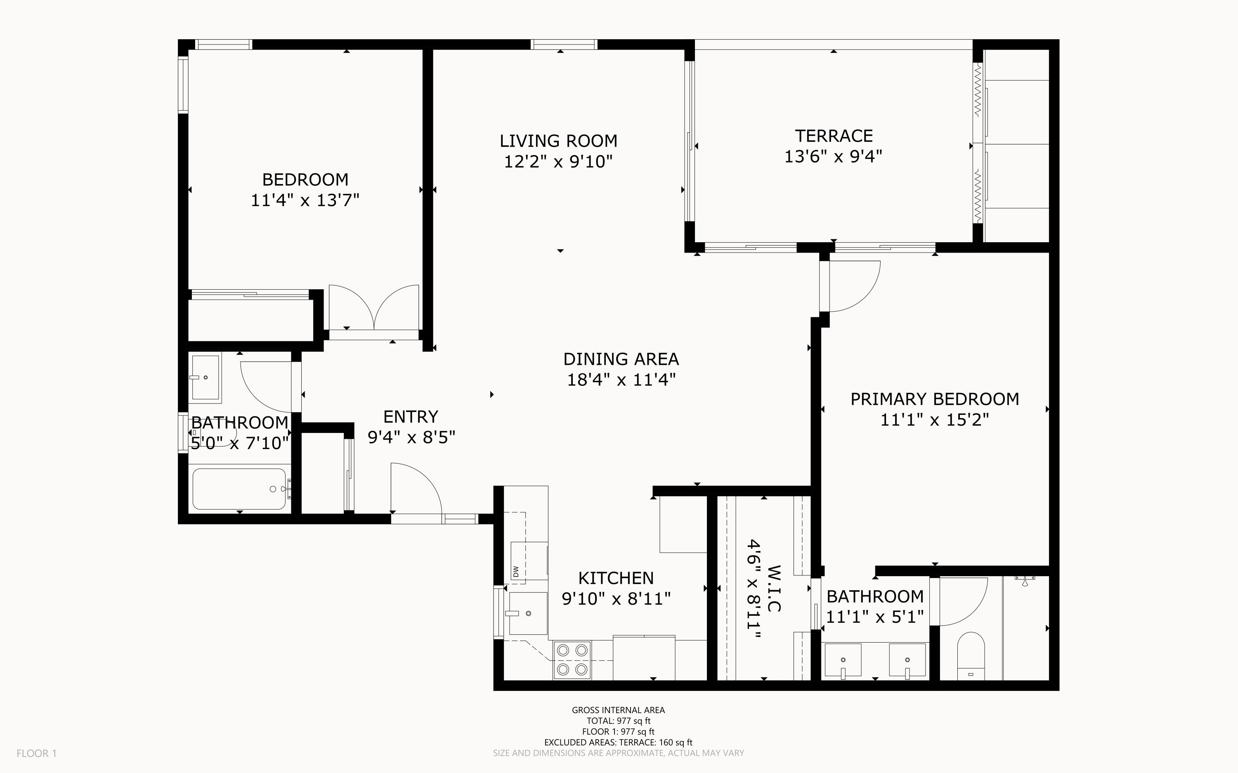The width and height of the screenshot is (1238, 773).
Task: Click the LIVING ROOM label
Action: point(558,141)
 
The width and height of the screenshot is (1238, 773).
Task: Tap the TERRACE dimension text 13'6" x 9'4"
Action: point(833,156)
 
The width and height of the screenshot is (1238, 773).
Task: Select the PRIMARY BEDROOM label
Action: point(934,399)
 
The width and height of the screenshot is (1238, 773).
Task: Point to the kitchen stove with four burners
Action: point(572,660)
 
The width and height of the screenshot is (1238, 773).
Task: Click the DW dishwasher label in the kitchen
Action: point(516,571)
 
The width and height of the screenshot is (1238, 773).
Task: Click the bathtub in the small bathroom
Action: point(239,489)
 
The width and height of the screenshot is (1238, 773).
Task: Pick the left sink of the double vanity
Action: point(843,660)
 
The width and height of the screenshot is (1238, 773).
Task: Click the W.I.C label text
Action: point(775,589)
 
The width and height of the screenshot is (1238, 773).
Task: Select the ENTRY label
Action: point(411,417)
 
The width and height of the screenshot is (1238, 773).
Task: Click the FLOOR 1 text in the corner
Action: point(36,753)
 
